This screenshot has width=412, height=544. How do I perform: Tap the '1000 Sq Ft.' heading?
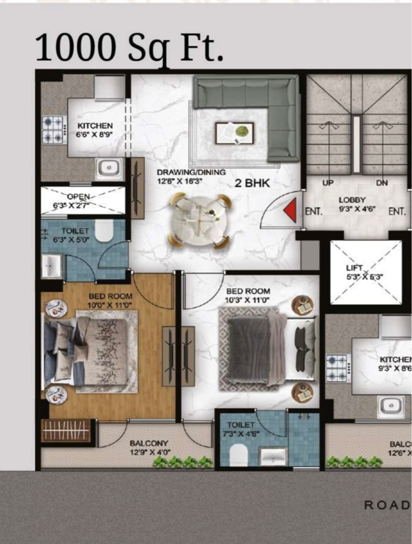[129, 48]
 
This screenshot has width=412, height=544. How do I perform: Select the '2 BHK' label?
[252, 183]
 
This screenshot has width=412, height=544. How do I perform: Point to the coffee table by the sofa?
[234, 132]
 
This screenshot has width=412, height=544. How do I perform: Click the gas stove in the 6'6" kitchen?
[54, 130]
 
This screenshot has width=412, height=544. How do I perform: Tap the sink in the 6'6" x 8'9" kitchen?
[110, 169]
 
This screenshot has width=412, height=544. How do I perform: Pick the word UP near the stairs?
[328, 183]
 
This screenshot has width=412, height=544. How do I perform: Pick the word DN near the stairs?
[382, 183]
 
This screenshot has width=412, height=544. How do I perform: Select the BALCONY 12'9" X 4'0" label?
[149, 447]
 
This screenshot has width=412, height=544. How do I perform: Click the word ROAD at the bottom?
[387, 505]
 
